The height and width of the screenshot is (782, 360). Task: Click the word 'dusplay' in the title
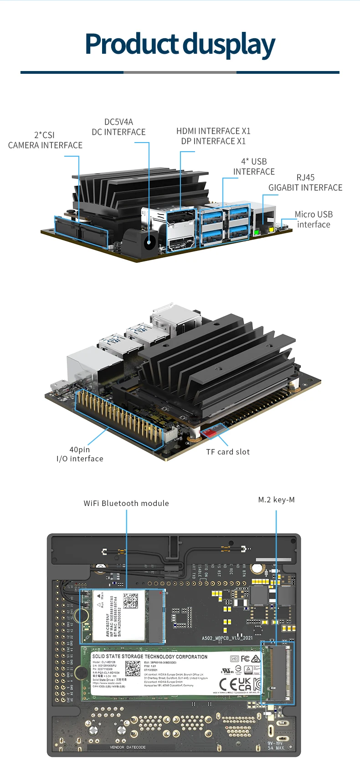tap(229, 45)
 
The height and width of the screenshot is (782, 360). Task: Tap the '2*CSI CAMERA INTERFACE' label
tap(45, 140)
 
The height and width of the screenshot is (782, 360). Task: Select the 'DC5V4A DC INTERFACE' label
tap(118, 127)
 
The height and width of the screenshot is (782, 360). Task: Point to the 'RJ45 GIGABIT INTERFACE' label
tap(305, 183)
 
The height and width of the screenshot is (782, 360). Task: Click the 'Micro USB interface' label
tap(314, 219)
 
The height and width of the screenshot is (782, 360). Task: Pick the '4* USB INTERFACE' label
tap(254, 167)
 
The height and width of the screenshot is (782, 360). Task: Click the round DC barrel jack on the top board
tap(149, 242)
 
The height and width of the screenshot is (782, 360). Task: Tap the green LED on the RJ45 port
tap(257, 232)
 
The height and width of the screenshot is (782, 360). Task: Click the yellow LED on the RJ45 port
tap(272, 229)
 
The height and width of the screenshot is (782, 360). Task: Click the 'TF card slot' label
tap(228, 452)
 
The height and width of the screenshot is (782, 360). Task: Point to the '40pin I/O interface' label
tap(80, 454)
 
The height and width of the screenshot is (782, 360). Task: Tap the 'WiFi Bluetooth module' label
tap(126, 503)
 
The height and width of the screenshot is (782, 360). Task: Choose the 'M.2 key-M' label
tap(276, 500)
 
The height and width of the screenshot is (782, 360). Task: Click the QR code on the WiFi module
tap(131, 601)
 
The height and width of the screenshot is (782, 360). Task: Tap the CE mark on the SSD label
tap(228, 684)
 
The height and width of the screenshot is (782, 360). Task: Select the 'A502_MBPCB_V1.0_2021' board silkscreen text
tap(227, 638)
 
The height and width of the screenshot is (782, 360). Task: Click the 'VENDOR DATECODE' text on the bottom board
tap(128, 747)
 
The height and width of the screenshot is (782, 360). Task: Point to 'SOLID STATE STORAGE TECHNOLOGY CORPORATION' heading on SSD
tap(149, 657)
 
